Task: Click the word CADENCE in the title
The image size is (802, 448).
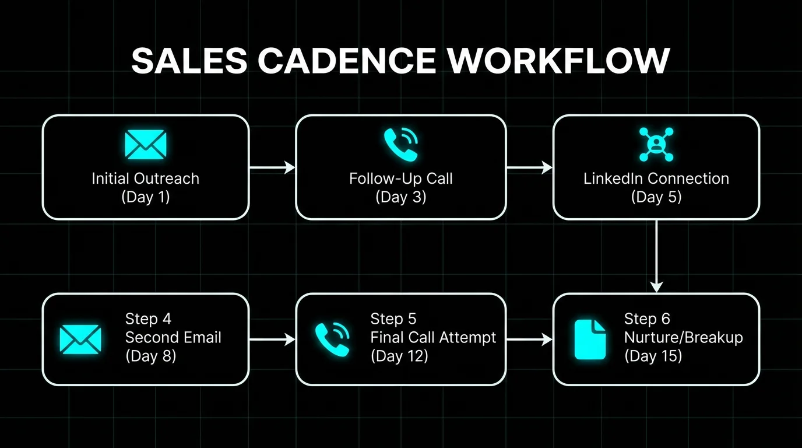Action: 347,60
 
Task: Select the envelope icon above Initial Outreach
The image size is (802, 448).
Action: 145,145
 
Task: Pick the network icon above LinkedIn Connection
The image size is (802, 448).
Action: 656,145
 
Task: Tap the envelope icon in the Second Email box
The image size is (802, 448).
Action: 80,339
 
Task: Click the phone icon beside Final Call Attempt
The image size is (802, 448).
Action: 332,339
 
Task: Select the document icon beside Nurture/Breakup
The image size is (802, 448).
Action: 590,339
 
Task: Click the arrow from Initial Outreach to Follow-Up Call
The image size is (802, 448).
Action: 272,167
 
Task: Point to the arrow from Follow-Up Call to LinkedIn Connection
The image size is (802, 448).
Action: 530,167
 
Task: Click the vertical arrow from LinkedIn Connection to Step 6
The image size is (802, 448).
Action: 656,256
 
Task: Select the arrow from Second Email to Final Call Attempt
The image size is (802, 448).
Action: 272,339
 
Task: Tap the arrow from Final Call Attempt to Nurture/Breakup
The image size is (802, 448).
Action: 530,339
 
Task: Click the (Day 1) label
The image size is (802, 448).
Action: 145,197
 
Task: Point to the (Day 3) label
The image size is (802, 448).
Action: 401,197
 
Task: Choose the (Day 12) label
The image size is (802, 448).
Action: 399,356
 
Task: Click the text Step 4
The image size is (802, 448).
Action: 148,319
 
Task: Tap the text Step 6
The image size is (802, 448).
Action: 647,319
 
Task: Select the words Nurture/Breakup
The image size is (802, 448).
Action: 684,338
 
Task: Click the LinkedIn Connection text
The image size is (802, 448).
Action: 656,178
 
